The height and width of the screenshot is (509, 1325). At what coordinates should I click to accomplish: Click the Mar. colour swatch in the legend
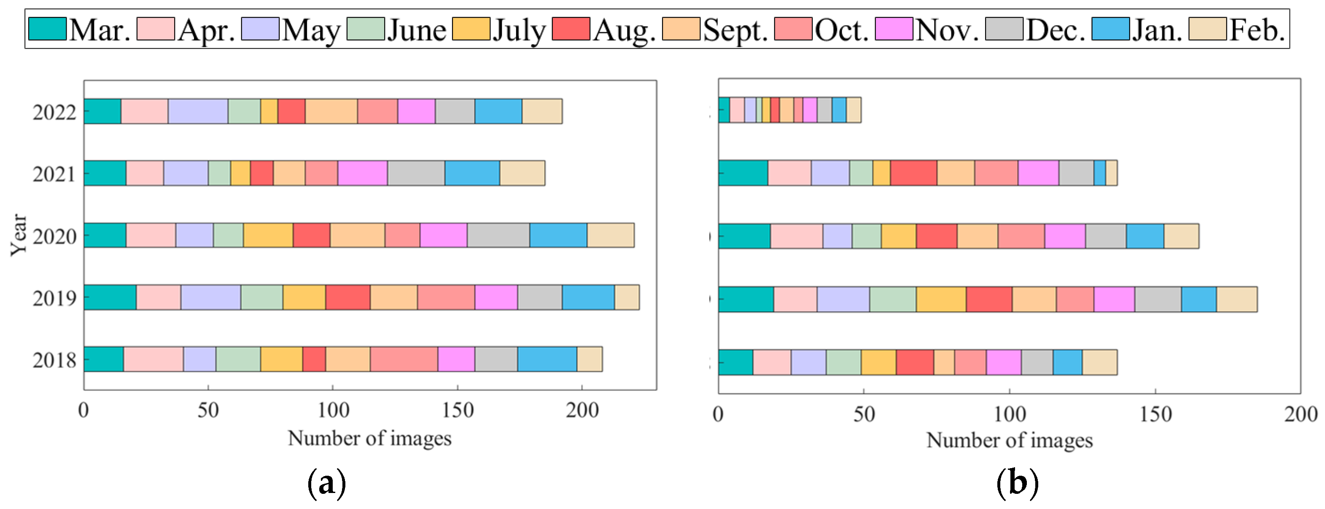click(47, 29)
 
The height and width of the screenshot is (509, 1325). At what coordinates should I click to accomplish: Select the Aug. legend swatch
click(571, 29)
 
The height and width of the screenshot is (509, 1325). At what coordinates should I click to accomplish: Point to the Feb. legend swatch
click(1208, 29)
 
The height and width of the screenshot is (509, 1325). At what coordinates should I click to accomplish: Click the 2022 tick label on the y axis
click(54, 112)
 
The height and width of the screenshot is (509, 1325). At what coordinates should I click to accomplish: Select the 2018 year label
click(54, 360)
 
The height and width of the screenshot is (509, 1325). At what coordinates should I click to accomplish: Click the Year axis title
click(19, 235)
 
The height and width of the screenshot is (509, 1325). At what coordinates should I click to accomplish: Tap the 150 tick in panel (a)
click(457, 410)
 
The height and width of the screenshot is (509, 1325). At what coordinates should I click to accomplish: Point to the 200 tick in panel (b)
click(1300, 414)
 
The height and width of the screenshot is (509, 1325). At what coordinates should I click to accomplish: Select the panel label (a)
click(326, 483)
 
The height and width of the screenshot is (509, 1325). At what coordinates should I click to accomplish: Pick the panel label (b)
click(1017, 483)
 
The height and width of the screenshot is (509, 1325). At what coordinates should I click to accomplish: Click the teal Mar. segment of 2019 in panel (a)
click(110, 297)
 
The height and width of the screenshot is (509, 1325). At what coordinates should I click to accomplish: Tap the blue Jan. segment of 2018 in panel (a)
click(547, 359)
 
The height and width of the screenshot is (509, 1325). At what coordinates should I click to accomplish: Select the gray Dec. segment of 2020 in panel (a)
click(498, 235)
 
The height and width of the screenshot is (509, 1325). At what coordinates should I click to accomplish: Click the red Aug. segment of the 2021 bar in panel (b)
click(913, 173)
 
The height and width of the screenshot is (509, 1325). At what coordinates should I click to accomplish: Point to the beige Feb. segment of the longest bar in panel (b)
click(1236, 299)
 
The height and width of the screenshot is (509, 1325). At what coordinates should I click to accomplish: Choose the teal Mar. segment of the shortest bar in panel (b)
click(724, 110)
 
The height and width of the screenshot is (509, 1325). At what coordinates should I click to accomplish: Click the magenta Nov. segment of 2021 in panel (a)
click(363, 173)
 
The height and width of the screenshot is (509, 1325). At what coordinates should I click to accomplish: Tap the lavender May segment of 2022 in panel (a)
click(198, 111)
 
